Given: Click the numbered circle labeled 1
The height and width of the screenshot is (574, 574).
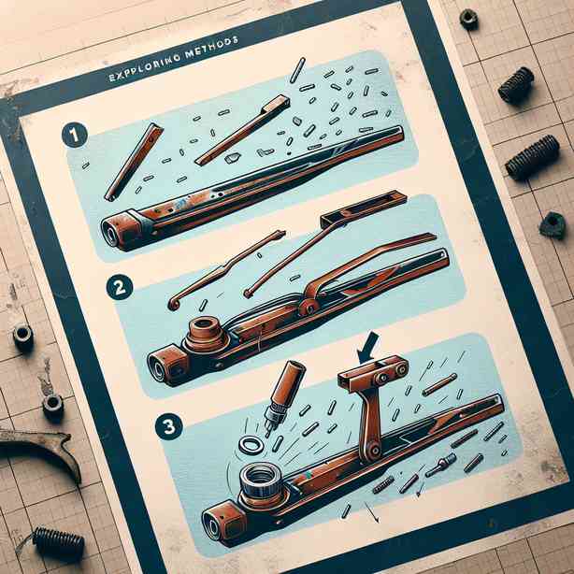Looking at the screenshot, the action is [x=74, y=135].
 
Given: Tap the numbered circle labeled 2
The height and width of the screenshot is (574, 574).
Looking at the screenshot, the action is [x=120, y=287].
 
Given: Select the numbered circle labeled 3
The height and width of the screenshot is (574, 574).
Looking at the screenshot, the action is [x=169, y=426].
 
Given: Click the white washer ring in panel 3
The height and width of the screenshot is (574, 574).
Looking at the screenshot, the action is [x=251, y=446].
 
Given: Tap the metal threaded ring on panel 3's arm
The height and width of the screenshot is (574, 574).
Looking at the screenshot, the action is [x=262, y=479].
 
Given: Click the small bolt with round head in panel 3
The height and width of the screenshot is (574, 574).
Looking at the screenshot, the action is [x=441, y=466].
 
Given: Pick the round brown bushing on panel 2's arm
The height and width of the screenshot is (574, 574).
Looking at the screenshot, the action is [x=206, y=333].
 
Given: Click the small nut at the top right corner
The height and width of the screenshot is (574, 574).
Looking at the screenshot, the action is [x=468, y=19].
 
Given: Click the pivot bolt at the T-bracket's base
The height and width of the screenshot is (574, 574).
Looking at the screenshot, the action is [x=373, y=450].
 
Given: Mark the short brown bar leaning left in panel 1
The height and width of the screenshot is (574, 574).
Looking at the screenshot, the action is [x=134, y=162].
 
